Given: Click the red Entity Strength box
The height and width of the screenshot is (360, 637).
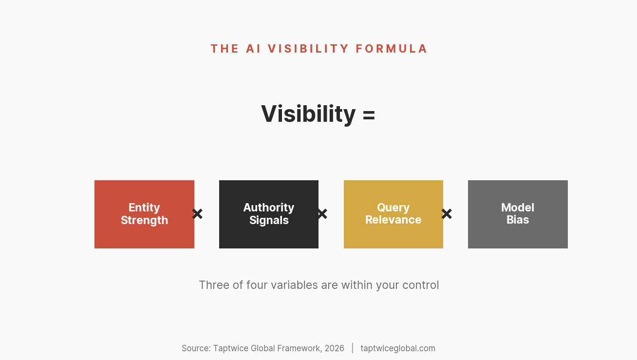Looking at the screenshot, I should (x=144, y=214).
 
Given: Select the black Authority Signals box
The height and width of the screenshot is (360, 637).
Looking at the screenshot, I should (x=269, y=214).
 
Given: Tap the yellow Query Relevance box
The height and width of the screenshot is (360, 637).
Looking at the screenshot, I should (x=393, y=214).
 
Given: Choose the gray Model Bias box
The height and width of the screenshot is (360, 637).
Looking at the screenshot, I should (x=518, y=214).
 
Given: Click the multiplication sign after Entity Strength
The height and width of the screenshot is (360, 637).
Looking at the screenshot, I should (x=197, y=214).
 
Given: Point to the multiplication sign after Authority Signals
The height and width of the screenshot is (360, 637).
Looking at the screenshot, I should (x=322, y=214).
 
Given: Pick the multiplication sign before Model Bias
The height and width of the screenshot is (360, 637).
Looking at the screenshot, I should (x=447, y=214).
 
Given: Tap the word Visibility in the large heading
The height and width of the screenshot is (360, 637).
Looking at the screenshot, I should (x=308, y=114).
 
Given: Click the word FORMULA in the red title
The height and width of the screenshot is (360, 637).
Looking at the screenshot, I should (x=392, y=49).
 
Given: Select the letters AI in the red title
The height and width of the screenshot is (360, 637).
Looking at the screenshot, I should (x=253, y=49).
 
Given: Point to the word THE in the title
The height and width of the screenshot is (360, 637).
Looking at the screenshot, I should (x=225, y=49).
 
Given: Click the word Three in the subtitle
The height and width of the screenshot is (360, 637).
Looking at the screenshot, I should (x=214, y=285).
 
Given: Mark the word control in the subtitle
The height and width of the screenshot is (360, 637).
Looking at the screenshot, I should (x=420, y=285).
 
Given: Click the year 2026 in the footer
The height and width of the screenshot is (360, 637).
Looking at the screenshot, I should (x=334, y=348).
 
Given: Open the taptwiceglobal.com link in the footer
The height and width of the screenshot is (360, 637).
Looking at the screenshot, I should (x=398, y=348).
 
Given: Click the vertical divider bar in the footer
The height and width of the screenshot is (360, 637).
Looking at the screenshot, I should (x=353, y=348).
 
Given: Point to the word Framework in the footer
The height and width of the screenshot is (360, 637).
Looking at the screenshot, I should (x=300, y=348).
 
